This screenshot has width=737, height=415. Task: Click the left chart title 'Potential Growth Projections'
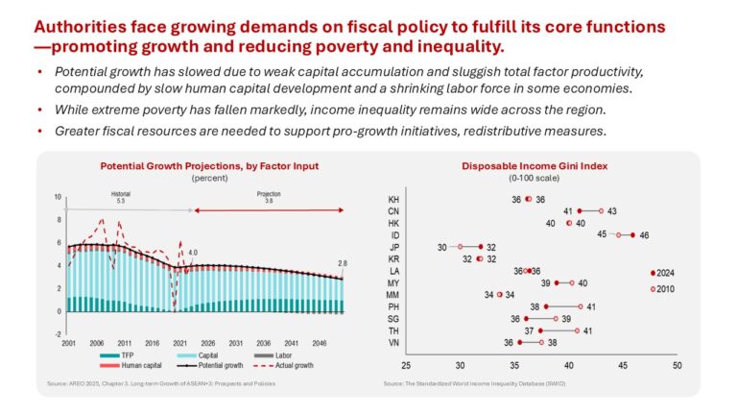[209, 166]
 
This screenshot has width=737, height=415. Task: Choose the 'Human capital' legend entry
[121, 366]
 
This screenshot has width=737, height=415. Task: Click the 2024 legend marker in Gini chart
[654, 273]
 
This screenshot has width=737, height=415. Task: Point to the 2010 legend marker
[654, 288]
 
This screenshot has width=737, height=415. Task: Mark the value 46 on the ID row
[644, 234]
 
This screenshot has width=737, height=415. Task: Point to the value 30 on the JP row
[442, 247]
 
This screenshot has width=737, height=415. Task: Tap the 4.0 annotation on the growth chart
[193, 254]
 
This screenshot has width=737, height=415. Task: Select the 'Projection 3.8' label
[269, 198]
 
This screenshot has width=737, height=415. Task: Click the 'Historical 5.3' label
[119, 198]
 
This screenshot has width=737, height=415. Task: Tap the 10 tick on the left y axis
[58, 196]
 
